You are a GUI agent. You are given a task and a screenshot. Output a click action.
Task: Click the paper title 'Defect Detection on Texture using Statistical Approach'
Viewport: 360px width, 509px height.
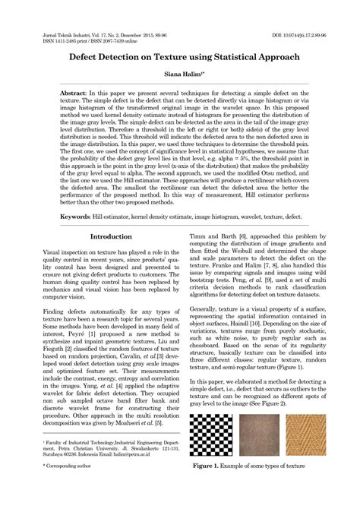(x=179, y=57)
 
